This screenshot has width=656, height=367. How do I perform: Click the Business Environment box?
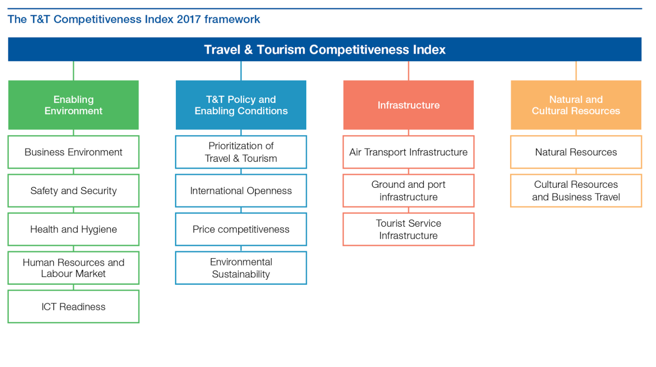[x=74, y=152]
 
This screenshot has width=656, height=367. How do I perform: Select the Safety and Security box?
[x=74, y=191]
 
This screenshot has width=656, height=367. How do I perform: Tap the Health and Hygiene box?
[x=74, y=229]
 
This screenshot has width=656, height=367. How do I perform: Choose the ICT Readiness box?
[x=74, y=307]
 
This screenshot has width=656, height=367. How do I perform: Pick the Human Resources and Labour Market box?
[x=74, y=268]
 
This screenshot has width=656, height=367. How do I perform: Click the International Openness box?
[x=241, y=191]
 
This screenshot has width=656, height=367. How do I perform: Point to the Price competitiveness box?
[x=241, y=229]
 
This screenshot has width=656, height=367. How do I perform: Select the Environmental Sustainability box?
[x=241, y=268]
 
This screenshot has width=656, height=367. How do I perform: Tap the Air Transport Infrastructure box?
[x=408, y=152]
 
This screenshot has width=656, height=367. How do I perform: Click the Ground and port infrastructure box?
[x=408, y=191]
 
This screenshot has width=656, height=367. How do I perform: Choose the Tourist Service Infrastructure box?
[x=408, y=229]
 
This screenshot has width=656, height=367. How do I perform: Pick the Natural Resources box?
[x=576, y=152]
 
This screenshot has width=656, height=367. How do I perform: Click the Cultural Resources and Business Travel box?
[x=576, y=191]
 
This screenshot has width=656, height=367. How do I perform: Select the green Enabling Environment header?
[x=74, y=105]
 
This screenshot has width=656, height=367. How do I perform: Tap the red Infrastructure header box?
[x=408, y=105]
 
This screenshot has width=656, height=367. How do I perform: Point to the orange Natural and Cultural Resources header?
[x=576, y=105]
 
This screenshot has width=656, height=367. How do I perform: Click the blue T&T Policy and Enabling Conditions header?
[x=241, y=105]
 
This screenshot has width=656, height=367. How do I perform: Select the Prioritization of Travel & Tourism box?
[x=241, y=152]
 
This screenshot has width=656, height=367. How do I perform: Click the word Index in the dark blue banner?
[x=429, y=49]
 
